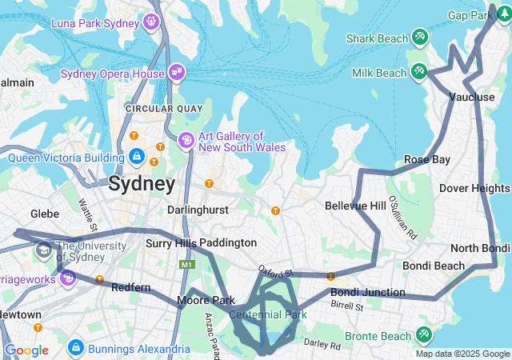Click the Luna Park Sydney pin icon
(x=151, y=22)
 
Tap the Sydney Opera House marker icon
(x=177, y=74)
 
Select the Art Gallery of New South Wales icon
(x=186, y=141)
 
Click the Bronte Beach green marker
(x=423, y=334)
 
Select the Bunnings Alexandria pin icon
(x=76, y=348)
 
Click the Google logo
(x=26, y=350)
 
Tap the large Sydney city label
(x=142, y=184)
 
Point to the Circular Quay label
(x=154, y=108)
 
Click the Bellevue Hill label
(x=355, y=206)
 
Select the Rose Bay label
(x=427, y=159)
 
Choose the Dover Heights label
(x=474, y=188)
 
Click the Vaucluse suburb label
(x=472, y=97)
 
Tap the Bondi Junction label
(x=367, y=292)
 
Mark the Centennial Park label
(x=268, y=314)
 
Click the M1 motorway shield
(x=187, y=263)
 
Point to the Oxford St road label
(x=276, y=273)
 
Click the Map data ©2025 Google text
(x=462, y=354)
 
